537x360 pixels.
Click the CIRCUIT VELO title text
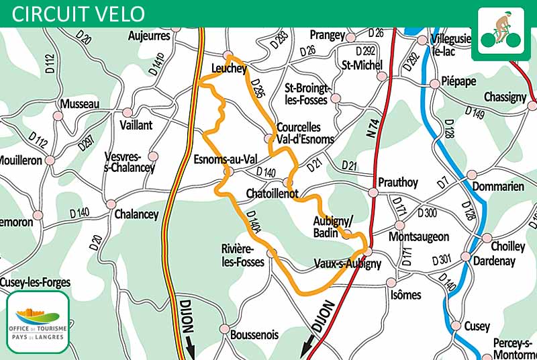pos(78,13)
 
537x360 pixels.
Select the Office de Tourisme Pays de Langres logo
pos(38,322)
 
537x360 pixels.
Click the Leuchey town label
pos(230,69)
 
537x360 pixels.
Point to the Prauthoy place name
pos(398,182)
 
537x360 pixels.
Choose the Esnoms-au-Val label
pos(226,160)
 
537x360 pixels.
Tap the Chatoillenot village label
pos(273,193)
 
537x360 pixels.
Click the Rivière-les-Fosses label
pos(246,255)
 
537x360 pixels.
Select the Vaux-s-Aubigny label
pos(347,264)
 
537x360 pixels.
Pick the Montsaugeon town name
pos(419,236)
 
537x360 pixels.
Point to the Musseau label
pos(79,104)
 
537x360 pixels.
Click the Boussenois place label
pos(254,334)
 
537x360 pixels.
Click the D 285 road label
pos(256,89)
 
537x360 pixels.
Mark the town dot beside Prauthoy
pos(373,193)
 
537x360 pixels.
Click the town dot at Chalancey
pos(111,204)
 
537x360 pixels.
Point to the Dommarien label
pos(498,187)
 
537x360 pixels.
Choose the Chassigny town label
pos(504,97)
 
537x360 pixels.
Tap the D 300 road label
pos(427,214)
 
